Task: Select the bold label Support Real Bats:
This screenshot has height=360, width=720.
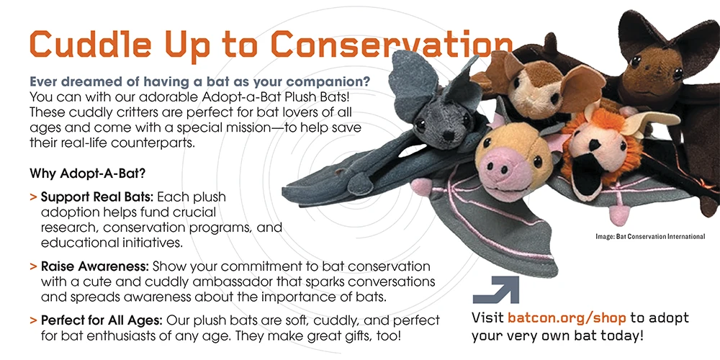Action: coord(97,197)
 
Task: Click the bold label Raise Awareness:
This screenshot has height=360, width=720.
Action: coord(95,266)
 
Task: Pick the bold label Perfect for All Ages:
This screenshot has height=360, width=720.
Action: coord(102,320)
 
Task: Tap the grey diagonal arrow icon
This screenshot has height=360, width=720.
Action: coord(496,289)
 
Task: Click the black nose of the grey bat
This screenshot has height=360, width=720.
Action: coord(449,135)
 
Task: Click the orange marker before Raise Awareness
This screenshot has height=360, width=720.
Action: coord(33,267)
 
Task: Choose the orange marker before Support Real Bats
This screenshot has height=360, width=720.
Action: coord(33,198)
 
